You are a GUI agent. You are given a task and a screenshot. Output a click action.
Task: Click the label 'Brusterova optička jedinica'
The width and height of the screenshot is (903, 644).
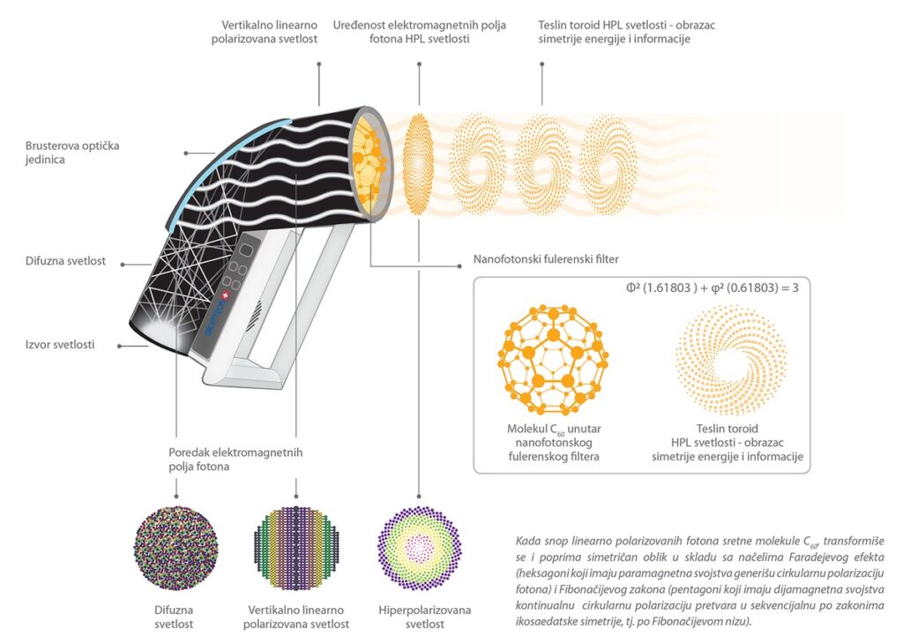[x=72, y=153]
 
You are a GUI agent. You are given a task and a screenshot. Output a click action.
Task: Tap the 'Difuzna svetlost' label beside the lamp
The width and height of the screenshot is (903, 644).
[x=65, y=261]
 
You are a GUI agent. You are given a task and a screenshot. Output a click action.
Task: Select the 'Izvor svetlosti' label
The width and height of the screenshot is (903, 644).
[x=59, y=344]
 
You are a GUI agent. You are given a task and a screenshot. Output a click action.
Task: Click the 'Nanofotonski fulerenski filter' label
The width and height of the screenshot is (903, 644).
[x=546, y=259]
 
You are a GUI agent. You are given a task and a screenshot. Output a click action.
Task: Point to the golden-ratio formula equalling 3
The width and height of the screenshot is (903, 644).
[x=713, y=288]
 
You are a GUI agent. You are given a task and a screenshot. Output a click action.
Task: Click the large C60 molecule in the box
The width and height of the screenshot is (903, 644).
[x=553, y=360]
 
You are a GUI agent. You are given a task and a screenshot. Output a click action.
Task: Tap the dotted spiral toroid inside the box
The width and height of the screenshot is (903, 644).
[x=731, y=360]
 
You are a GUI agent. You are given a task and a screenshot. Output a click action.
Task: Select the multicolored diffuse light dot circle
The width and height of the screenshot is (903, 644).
[x=176, y=548]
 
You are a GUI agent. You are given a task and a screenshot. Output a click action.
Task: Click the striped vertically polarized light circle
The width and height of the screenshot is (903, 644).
[x=296, y=548]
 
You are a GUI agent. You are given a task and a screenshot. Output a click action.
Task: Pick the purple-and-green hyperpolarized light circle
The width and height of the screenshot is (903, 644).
[x=419, y=548]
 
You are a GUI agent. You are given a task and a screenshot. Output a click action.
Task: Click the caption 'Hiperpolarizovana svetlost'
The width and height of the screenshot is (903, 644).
[x=424, y=617]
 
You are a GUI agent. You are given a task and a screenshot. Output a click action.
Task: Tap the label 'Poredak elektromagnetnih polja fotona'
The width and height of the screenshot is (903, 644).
[x=235, y=459]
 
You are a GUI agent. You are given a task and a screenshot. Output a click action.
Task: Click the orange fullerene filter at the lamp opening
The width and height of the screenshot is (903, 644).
[x=369, y=164]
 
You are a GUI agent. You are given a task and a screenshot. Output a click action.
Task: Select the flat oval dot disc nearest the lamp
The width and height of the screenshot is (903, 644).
[x=419, y=164]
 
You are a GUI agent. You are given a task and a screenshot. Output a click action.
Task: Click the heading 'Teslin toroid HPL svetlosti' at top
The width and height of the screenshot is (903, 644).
[x=627, y=32]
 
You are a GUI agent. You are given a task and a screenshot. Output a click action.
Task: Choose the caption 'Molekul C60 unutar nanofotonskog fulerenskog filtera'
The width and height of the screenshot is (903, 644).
[x=554, y=442]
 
